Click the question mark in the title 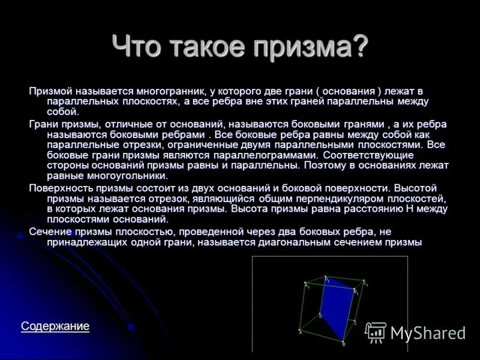coord(359,46)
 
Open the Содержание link coord(55,326)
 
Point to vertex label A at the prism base coord(299,331)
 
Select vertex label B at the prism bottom coord(344,344)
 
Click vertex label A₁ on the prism coord(306,285)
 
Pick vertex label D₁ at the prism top coord(327,278)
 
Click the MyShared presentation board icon coord(376,332)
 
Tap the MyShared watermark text coord(428,333)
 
